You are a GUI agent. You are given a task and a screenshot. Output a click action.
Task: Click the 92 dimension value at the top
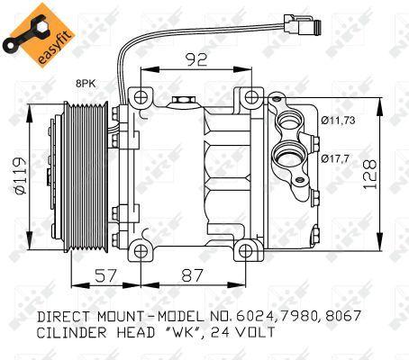(x=196, y=59)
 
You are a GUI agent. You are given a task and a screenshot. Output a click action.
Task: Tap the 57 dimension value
(x=105, y=275)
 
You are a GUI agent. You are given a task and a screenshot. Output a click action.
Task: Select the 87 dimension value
(x=193, y=275)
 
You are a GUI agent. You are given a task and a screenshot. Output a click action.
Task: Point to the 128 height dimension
(x=369, y=175)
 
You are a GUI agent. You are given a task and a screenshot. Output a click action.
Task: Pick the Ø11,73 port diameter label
(x=338, y=121)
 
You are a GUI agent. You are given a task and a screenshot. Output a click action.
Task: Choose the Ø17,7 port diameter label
(x=335, y=158)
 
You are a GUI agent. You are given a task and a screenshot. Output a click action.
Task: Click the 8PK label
(x=86, y=84)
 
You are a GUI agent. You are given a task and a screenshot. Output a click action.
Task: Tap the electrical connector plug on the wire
(x=302, y=25)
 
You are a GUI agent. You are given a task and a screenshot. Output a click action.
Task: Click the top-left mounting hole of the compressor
(x=141, y=97)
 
